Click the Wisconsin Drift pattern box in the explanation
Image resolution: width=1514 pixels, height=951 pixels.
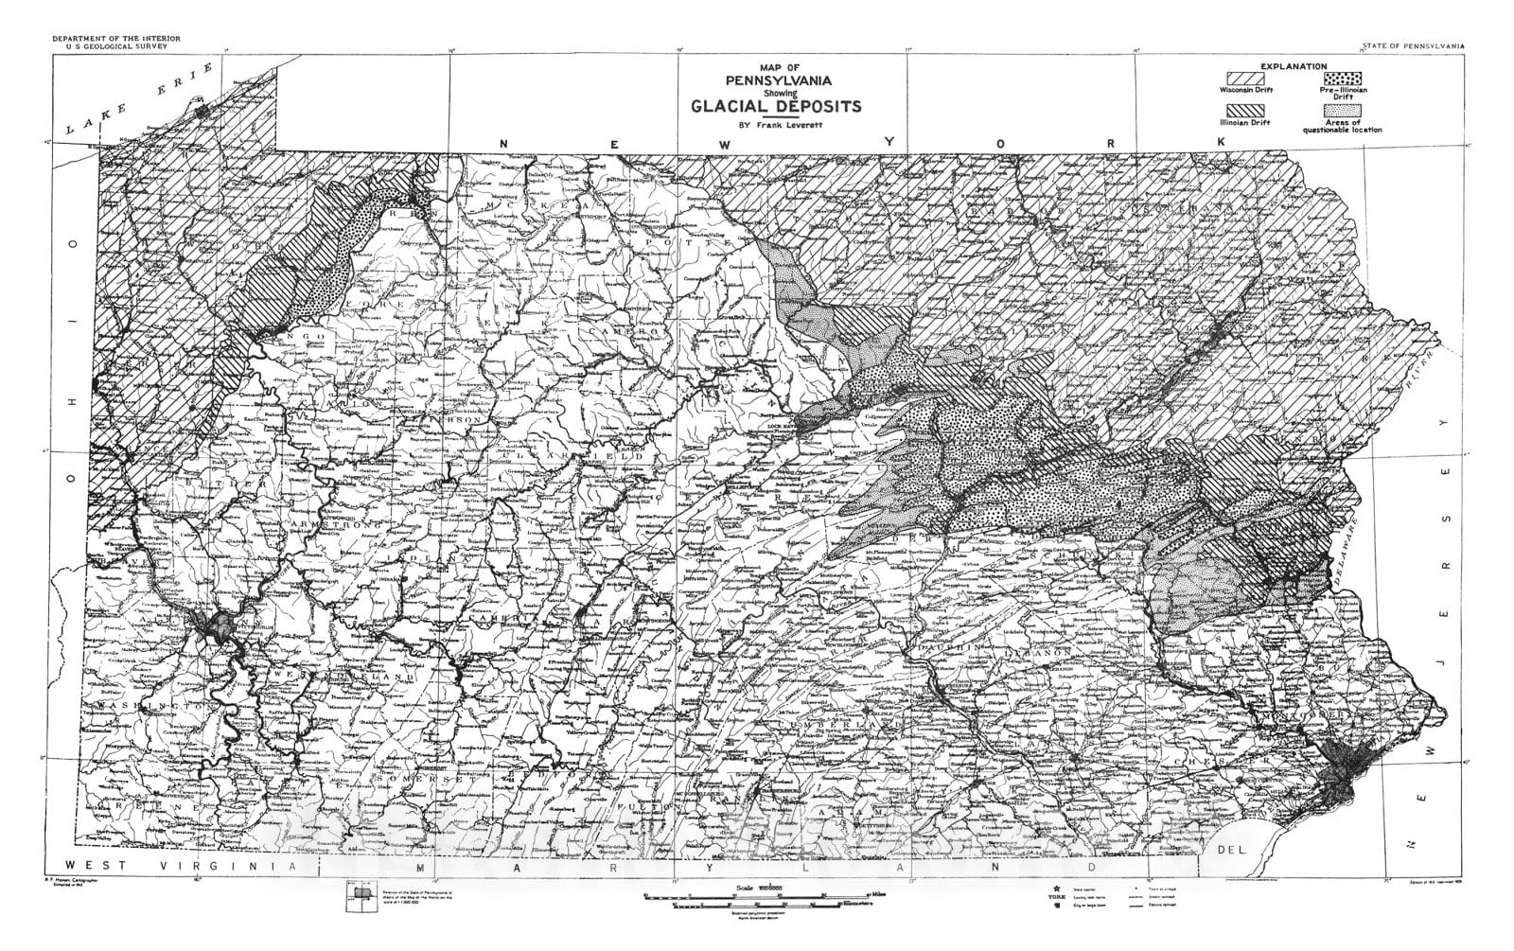coord(1246,78)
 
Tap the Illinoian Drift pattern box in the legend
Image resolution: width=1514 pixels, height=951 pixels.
coord(1246,111)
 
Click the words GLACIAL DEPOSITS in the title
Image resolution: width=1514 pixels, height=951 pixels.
coord(776,106)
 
